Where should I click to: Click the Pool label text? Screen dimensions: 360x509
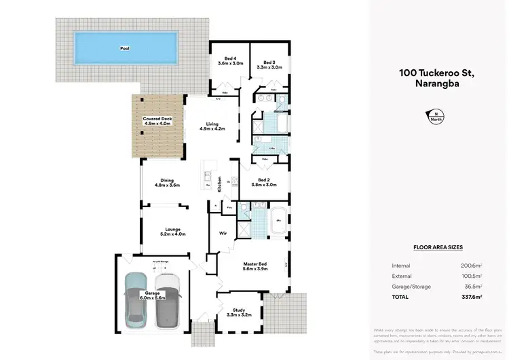coord(124,49)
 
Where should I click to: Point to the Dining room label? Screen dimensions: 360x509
coord(166,182)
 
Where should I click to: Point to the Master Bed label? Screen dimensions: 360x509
coord(255,266)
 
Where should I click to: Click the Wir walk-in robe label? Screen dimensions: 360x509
coord(222,233)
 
